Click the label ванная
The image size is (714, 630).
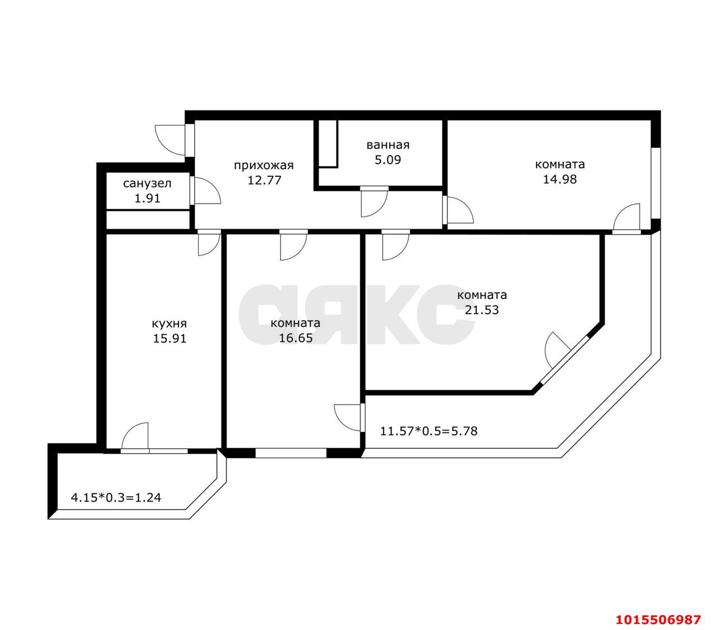tap(388, 145)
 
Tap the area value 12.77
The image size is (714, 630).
tap(263, 180)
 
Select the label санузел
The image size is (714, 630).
tap(147, 183)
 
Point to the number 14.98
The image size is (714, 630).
tap(559, 179)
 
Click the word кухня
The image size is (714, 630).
tap(169, 324)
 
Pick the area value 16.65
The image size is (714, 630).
tap(296, 338)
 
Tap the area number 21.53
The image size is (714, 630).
tap(481, 310)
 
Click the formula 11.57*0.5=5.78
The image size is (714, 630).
tap(428, 431)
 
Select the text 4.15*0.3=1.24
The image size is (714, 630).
tap(116, 497)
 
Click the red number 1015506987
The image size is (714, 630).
tap(658, 620)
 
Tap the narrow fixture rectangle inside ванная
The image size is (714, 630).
tap(329, 143)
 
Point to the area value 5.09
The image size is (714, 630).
tap(388, 160)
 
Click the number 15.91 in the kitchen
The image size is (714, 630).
tap(170, 338)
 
